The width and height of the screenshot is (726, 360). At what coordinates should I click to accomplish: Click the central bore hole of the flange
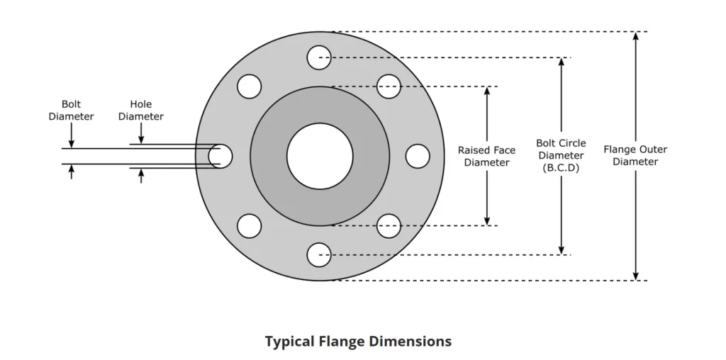pos(320,156)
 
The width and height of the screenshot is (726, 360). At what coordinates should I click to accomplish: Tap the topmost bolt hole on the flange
pos(320,57)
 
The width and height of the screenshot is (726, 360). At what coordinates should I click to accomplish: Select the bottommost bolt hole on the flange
pos(320,254)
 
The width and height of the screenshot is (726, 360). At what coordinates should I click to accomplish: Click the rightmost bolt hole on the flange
pos(418,156)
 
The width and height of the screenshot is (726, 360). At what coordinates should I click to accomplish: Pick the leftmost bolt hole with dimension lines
pos(220,156)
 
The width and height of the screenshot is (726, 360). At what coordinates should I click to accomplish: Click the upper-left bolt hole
pos(250,86)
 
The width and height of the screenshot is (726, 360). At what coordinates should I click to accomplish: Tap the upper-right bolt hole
pos(389,86)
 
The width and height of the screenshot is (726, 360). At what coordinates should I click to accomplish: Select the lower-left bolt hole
pos(250,226)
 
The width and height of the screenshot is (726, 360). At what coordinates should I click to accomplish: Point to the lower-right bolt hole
pos(389,226)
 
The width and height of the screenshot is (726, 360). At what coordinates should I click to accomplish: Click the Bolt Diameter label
pos(71,111)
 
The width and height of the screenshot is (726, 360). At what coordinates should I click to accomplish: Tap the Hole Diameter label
pos(141,111)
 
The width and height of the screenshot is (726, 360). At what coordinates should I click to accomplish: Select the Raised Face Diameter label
pos(486,156)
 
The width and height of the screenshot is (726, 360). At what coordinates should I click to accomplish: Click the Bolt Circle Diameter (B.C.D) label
pos(561,156)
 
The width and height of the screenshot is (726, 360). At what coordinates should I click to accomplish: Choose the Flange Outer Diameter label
pos(635,155)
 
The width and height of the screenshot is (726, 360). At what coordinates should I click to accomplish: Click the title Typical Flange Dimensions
pos(358,342)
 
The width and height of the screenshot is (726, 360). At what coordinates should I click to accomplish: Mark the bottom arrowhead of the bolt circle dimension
pos(561,249)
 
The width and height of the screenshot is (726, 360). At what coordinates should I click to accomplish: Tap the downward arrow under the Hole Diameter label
pos(141,137)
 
